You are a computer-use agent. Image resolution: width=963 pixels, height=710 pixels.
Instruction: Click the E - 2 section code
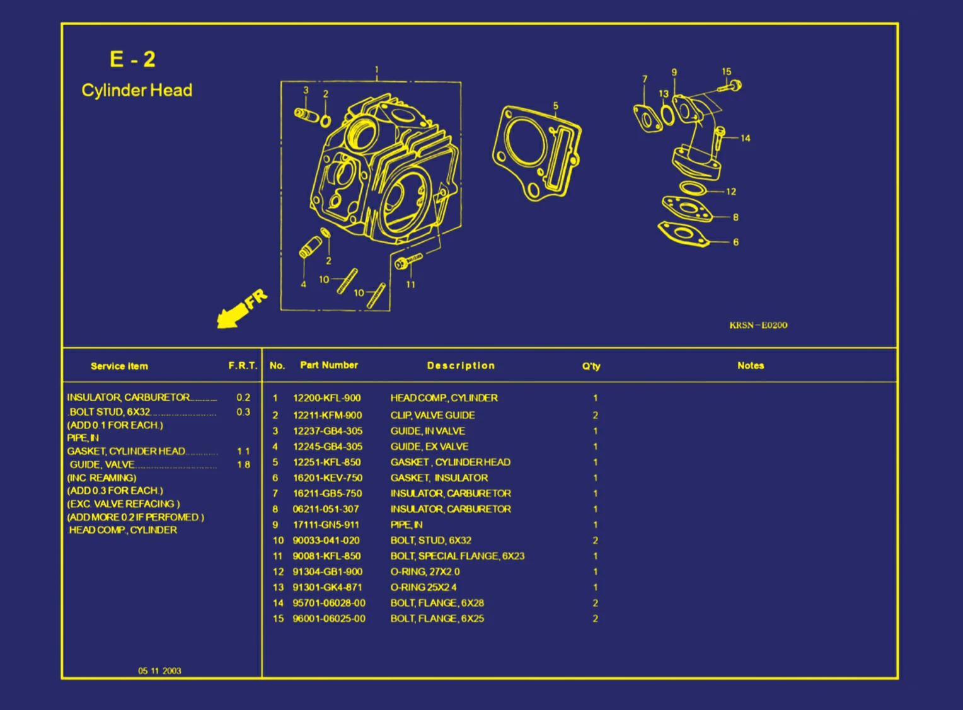[132, 59]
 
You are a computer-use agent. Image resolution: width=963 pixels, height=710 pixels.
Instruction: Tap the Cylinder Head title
[137, 90]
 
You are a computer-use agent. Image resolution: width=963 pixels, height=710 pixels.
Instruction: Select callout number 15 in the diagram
[726, 72]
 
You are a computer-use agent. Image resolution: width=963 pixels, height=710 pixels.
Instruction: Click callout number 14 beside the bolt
[746, 139]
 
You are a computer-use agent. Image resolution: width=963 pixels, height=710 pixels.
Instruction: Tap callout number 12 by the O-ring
[731, 192]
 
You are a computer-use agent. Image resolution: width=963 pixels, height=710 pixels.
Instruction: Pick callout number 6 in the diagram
[735, 243]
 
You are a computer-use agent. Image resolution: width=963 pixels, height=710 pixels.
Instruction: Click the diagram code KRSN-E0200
[758, 325]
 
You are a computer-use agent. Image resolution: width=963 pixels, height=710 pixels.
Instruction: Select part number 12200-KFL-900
[326, 398]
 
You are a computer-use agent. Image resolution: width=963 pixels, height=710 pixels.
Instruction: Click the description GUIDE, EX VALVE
[429, 447]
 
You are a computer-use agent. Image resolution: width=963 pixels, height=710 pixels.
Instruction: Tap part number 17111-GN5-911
[326, 525]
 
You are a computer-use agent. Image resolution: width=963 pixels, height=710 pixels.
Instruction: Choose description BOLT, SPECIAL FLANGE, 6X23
[458, 556]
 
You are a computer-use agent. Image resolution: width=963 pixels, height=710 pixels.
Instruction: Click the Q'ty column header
[591, 366]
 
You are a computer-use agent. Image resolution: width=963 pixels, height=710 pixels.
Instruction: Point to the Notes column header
[751, 366]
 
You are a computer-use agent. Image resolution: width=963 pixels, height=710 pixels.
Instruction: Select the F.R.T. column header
[243, 366]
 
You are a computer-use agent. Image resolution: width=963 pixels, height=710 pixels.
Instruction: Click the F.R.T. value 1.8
[244, 464]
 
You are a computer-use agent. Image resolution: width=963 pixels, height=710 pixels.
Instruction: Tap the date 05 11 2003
[159, 671]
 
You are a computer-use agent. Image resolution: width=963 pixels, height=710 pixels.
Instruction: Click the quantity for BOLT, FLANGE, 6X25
[596, 619]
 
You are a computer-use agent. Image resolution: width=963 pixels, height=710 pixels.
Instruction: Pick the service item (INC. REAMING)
[101, 478]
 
